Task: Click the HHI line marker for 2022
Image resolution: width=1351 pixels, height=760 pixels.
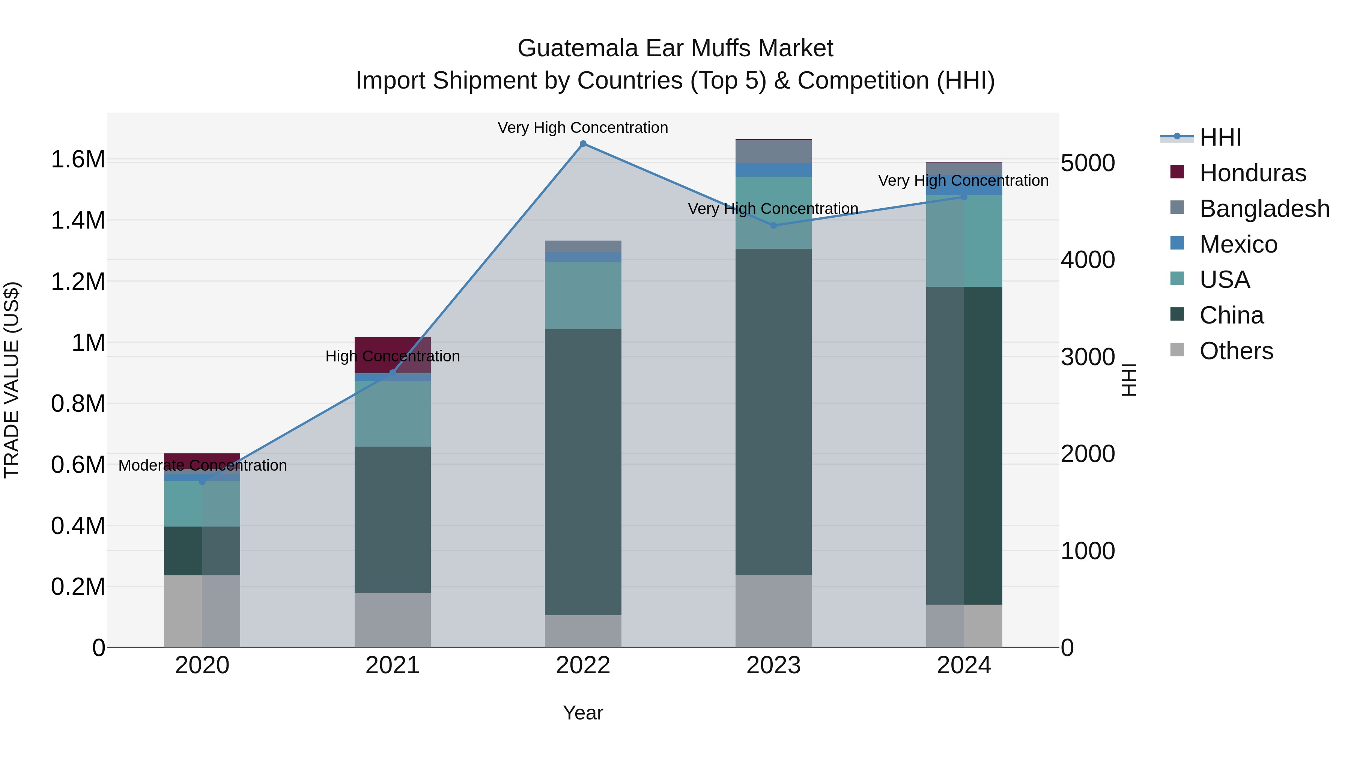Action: pyautogui.click(x=583, y=144)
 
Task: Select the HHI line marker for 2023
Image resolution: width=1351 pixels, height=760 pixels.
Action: pyautogui.click(x=773, y=226)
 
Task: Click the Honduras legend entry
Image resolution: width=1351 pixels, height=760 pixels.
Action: pyautogui.click(x=1252, y=173)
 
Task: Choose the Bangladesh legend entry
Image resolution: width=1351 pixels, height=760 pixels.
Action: pyautogui.click(x=1264, y=209)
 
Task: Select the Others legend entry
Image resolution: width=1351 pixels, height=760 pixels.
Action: pyautogui.click(x=1236, y=351)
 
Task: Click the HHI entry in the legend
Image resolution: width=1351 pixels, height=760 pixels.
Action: pyautogui.click(x=1220, y=137)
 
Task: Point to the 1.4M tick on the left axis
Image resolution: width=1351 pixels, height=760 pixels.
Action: pyautogui.click(x=78, y=220)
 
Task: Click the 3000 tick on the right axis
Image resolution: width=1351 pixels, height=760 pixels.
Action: pyautogui.click(x=1088, y=357)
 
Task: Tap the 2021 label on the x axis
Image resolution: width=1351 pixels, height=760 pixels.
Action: pyautogui.click(x=392, y=665)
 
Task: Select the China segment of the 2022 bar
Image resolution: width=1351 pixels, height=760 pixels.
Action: pyautogui.click(x=583, y=472)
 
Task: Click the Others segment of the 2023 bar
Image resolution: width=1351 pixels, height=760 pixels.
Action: pyautogui.click(x=773, y=611)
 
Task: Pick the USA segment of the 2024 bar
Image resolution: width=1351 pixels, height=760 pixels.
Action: pyautogui.click(x=963, y=241)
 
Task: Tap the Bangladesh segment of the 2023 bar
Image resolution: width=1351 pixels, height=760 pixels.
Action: pyautogui.click(x=773, y=152)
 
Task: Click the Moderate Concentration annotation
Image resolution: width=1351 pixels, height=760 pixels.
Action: pyautogui.click(x=202, y=465)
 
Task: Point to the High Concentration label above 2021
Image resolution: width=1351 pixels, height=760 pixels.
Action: pyautogui.click(x=392, y=356)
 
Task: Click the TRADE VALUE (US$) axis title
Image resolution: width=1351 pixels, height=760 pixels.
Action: pyautogui.click(x=12, y=380)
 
